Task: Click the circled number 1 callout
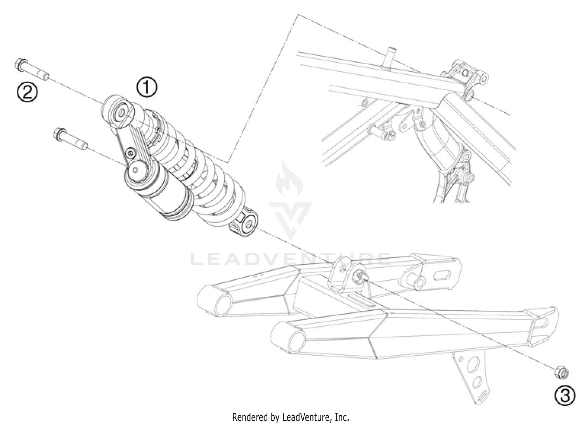pyautogui.click(x=147, y=87)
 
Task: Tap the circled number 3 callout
pyautogui.click(x=564, y=396)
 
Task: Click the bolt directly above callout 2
pyautogui.click(x=32, y=69)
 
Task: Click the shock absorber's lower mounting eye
pyautogui.click(x=248, y=225)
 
